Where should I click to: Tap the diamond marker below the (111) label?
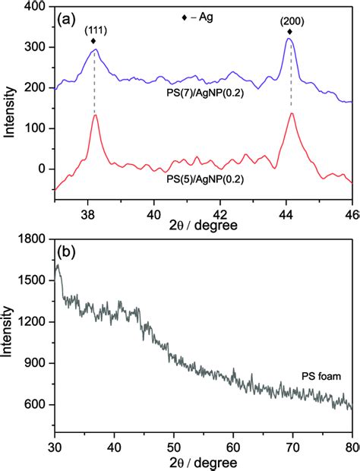pyautogui.click(x=93, y=41)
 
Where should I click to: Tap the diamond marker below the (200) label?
pyautogui.click(x=289, y=32)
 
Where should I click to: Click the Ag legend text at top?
pyautogui.click(x=199, y=17)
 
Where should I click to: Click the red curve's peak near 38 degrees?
pyautogui.click(x=95, y=115)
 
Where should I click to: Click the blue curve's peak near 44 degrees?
pyautogui.click(x=289, y=40)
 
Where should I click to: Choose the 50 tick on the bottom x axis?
pyautogui.click(x=173, y=444)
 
